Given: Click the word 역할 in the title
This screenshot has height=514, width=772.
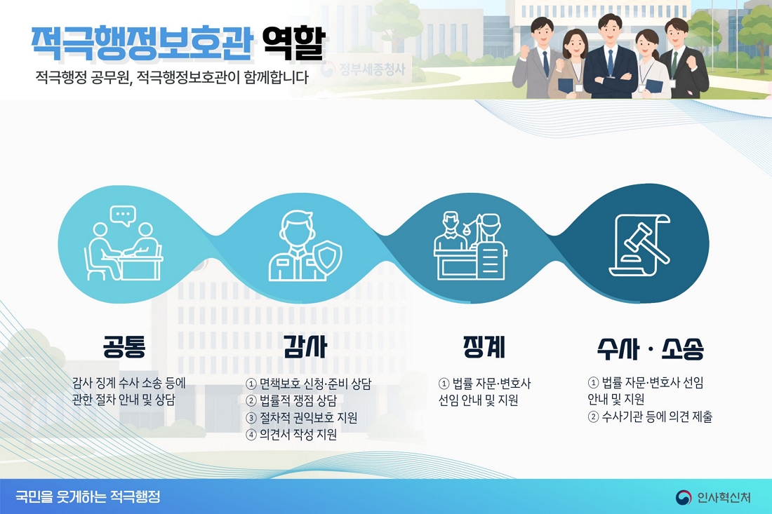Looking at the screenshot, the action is pos(294,43).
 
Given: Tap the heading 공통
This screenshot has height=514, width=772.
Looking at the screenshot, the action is pos(124,347).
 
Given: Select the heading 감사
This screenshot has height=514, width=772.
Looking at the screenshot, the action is pos(305,347).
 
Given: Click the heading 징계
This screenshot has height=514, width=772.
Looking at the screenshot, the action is pos(484,347).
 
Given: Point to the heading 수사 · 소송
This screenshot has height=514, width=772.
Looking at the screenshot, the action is pos(651,349).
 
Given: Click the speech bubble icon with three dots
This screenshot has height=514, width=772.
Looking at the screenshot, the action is pos(123,216).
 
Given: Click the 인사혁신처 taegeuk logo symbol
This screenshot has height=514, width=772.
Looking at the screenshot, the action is pos(684,497).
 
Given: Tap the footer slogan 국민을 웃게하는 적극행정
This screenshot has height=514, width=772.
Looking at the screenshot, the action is pos(88,496).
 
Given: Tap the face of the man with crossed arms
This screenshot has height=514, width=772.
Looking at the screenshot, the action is pos(609,32).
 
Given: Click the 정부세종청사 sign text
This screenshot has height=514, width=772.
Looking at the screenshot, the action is pos(372,69).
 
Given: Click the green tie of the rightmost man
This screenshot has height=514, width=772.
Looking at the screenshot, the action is pos(674,62).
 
